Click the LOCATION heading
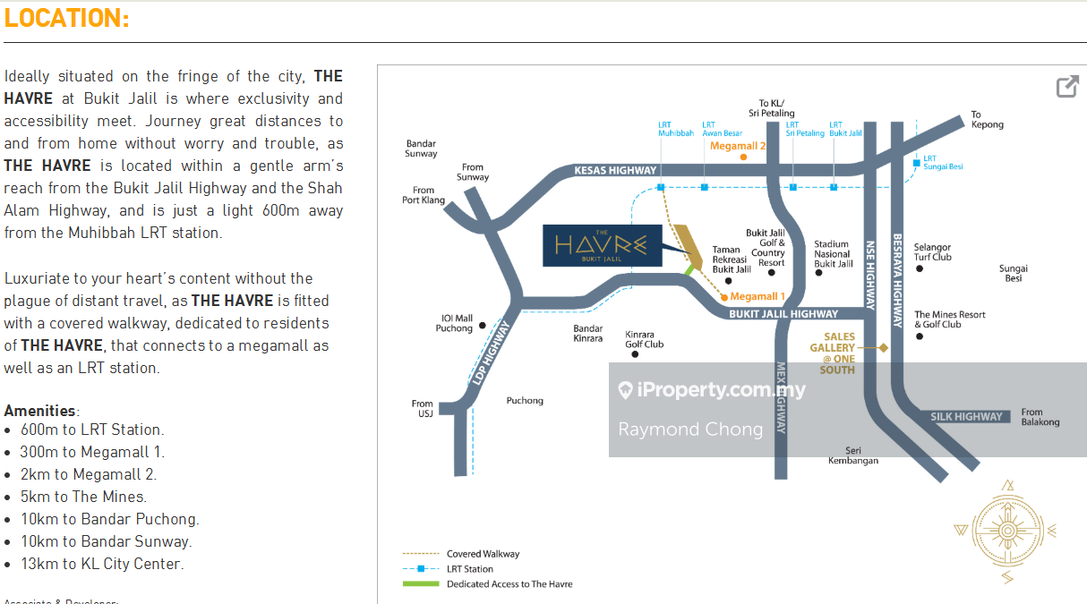tap(67, 18)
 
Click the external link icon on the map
tap(1066, 87)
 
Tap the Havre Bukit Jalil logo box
tap(602, 245)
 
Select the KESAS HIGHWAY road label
tap(615, 170)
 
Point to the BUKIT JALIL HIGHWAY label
tap(783, 314)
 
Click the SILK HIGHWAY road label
tap(966, 417)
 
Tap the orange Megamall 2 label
tap(738, 146)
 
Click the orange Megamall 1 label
tap(757, 296)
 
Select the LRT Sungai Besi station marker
tap(916, 163)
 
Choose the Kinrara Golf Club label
tap(644, 338)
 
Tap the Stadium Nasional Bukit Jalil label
tap(833, 253)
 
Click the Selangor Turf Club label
tap(932, 252)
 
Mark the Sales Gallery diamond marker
tap(883, 347)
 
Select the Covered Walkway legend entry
tap(483, 554)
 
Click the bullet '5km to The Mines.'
tap(83, 497)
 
